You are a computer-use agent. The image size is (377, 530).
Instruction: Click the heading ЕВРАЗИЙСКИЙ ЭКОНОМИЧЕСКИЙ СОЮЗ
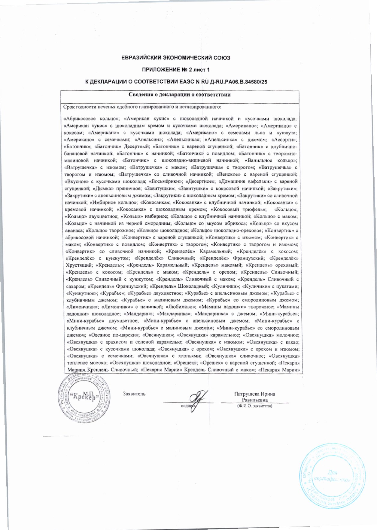pyautogui.click(x=176, y=58)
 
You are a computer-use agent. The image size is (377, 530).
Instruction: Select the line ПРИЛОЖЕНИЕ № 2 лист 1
pyautogui.click(x=176, y=70)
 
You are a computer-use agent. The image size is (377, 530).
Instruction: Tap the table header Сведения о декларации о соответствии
pyautogui.click(x=180, y=95)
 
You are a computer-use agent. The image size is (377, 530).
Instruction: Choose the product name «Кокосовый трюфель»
pyautogui.click(x=239, y=210)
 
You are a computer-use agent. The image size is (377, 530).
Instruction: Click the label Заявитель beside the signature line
pyautogui.click(x=134, y=394)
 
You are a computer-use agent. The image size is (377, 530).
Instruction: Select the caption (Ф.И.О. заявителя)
pyautogui.click(x=254, y=406)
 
